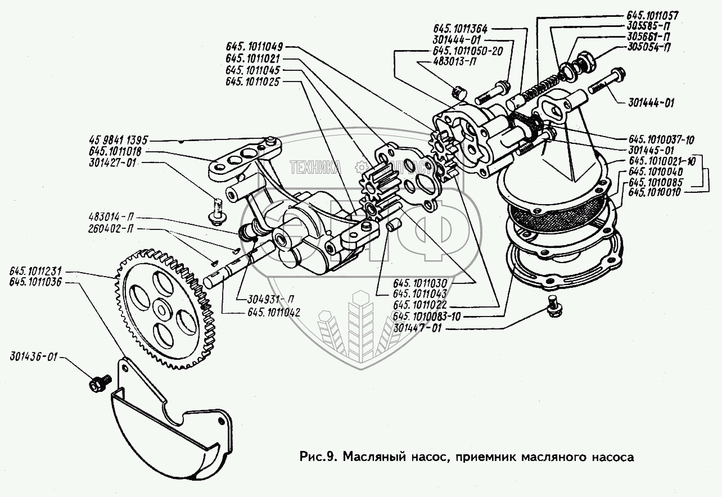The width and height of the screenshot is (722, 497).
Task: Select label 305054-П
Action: click(x=651, y=46)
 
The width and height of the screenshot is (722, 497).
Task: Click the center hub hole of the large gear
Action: click(x=161, y=308)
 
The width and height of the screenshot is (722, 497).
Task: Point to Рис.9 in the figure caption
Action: click(x=318, y=456)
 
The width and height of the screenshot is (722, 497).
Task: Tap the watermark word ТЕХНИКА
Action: click(x=315, y=166)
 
